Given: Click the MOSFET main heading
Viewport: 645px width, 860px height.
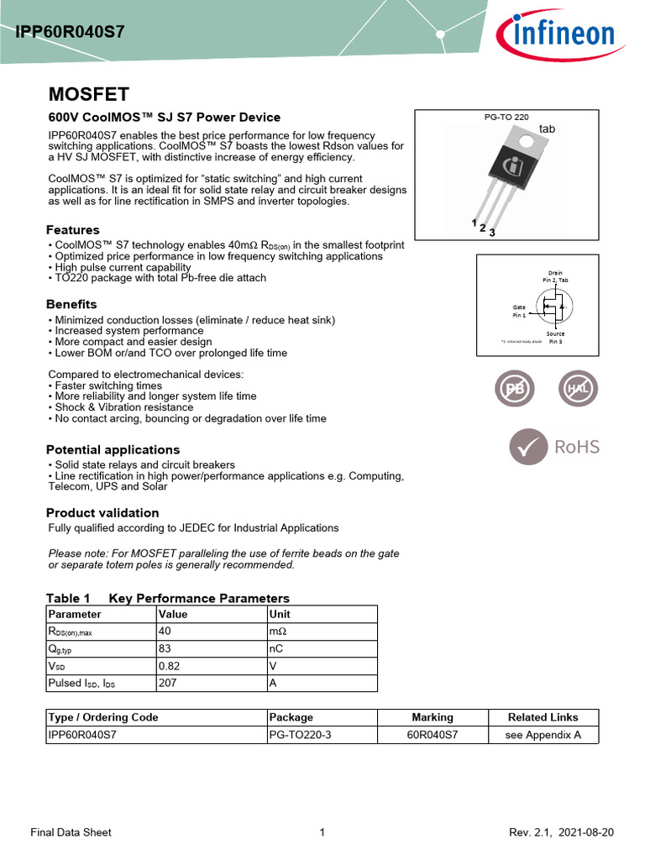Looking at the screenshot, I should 88,93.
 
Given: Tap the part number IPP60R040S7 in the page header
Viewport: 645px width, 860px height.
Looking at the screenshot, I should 70,32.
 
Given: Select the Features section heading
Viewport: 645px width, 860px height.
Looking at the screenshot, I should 72,229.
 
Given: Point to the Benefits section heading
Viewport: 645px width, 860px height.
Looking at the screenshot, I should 71,304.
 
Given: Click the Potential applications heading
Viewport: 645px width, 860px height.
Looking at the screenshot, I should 113,449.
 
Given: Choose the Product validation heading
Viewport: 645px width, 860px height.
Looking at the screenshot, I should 102,512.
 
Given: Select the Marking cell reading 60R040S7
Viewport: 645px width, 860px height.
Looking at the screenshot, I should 433,735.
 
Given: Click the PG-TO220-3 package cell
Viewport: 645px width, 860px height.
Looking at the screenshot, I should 299,735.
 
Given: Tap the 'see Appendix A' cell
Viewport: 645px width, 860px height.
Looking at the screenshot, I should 543,735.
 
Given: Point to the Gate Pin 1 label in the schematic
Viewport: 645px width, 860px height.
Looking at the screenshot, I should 519,311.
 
